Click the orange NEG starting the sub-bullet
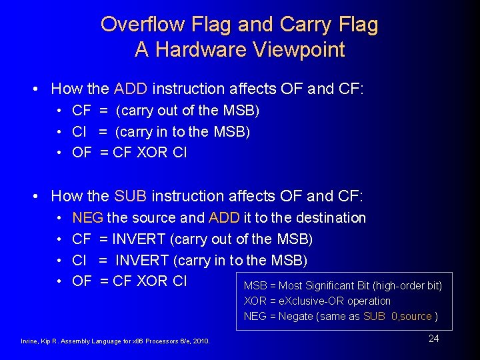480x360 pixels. pyautogui.click(x=87, y=218)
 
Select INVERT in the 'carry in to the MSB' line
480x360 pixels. pyautogui.click(x=142, y=260)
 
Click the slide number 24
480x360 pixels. pyautogui.click(x=433, y=339)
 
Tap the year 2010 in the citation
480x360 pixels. pyautogui.click(x=201, y=341)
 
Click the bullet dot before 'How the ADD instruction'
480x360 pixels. pyautogui.click(x=41, y=89)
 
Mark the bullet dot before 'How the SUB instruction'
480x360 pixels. pyautogui.click(x=41, y=197)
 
